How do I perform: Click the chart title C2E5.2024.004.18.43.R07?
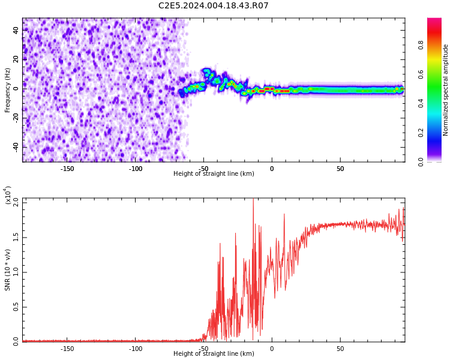coord(213,6)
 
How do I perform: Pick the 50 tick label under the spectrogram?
coord(340,169)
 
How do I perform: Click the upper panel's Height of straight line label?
coord(214,174)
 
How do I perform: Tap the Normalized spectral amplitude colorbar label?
coord(446,90)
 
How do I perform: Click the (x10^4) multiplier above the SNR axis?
coord(8,196)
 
